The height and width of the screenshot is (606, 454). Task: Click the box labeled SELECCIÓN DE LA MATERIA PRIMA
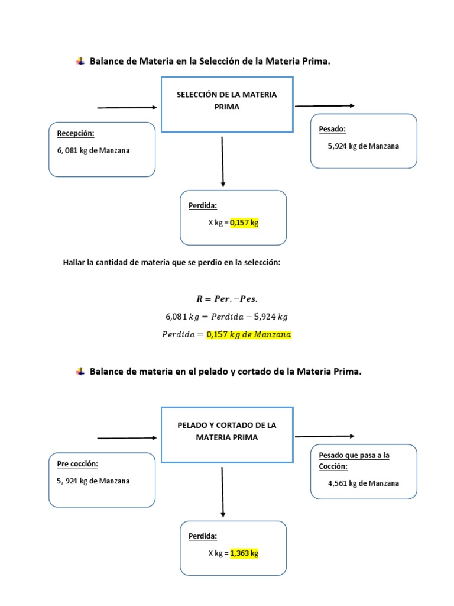point(227,104)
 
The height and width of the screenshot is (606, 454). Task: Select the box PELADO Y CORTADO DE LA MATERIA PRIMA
point(227,434)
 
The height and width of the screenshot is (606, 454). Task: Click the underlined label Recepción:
point(75,133)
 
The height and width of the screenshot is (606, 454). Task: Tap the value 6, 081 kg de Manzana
point(93,150)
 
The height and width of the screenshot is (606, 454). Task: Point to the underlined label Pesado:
point(332,129)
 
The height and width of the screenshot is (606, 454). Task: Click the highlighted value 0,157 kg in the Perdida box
point(244,223)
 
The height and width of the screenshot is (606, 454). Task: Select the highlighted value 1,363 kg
point(244,553)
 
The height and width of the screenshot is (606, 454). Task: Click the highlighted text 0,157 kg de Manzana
point(249,334)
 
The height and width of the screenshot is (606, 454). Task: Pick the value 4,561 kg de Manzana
point(364,483)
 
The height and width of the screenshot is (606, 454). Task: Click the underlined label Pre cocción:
point(77,463)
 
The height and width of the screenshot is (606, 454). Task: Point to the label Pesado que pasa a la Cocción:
point(354,460)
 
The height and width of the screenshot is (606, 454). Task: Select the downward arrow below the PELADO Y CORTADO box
point(222,491)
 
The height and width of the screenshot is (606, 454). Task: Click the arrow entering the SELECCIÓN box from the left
point(127,108)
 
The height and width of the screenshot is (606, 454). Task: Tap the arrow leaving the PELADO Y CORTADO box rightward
point(325,436)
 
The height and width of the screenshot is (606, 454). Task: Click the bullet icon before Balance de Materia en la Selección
point(80,61)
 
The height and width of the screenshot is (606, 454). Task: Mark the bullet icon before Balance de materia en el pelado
point(80,372)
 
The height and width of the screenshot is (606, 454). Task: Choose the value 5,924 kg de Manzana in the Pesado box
point(364,146)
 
